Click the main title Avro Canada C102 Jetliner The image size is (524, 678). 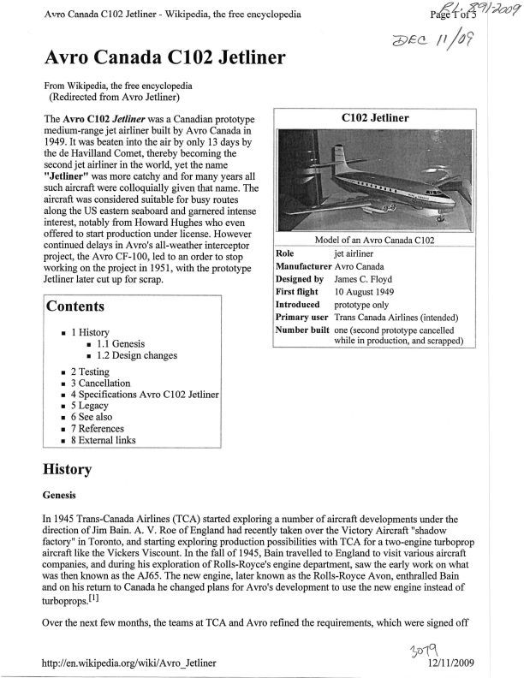pos(166,59)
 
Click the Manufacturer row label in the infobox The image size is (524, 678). pos(302,266)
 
